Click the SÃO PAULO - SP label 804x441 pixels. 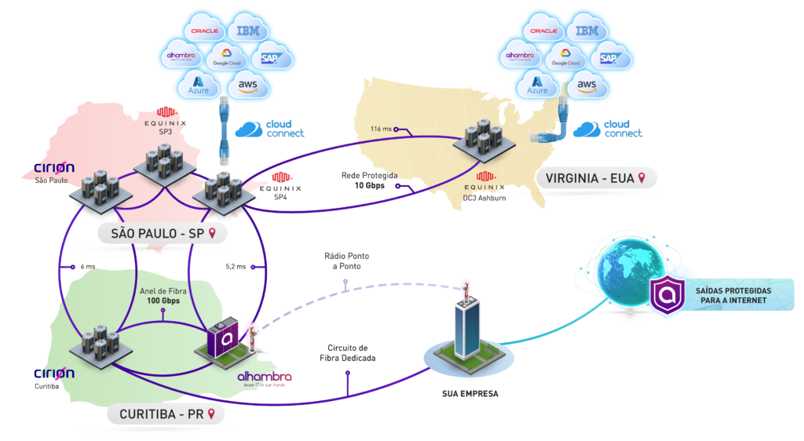click(x=157, y=233)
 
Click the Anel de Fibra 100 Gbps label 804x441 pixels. click(x=163, y=296)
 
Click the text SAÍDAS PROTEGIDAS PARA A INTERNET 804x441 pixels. click(x=733, y=296)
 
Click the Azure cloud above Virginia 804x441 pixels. click(x=538, y=83)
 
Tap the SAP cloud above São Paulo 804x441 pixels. click(x=269, y=58)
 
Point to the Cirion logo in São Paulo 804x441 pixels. click(x=54, y=168)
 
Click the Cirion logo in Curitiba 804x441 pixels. click(x=54, y=373)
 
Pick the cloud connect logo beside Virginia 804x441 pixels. click(x=608, y=129)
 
